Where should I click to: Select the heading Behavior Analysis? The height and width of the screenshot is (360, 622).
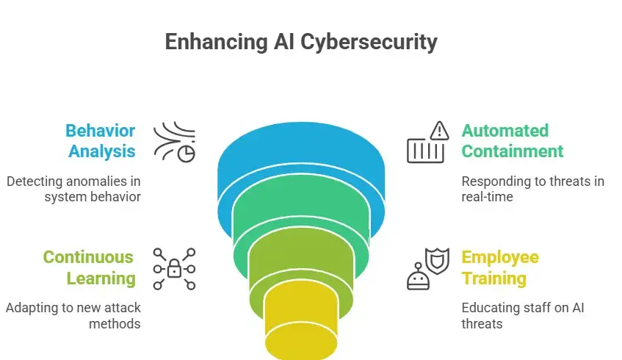[100, 141]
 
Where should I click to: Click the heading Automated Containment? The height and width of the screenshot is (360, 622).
[512, 141]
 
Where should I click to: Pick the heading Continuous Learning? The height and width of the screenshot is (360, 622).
[89, 267]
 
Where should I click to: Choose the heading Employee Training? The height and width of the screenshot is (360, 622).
[499, 267]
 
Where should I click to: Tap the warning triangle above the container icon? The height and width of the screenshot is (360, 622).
[439, 131]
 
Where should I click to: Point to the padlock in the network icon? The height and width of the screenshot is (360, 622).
[175, 270]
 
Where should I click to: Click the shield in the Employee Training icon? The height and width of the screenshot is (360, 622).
[438, 262]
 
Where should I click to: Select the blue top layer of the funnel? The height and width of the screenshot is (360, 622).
[300, 158]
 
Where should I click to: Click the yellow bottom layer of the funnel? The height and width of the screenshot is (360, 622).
[300, 323]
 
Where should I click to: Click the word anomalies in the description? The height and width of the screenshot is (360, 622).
[99, 181]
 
